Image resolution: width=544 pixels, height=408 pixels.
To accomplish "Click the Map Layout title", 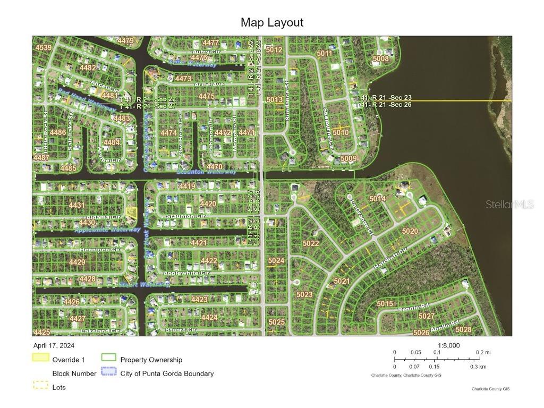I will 272,22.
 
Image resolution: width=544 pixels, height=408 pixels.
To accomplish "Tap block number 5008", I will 380,58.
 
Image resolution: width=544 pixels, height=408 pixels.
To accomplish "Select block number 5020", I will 410,231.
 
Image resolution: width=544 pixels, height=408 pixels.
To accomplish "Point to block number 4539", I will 43,48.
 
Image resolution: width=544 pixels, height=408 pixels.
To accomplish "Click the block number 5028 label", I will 463,329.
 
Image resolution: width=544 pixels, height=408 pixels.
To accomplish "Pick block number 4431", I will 76,205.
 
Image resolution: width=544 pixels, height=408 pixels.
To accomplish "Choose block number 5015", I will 385,303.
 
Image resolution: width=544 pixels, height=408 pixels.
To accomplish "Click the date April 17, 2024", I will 52,345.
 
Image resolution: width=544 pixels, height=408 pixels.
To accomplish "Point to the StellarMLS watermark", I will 509,205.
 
